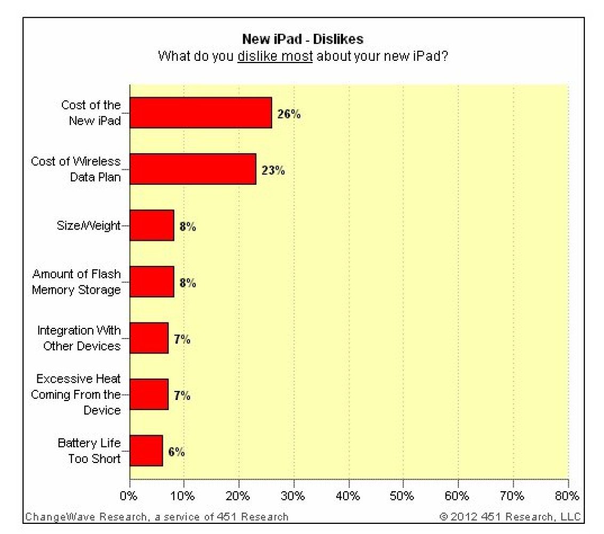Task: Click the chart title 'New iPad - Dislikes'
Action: coord(303,39)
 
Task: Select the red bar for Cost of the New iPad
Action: coord(201,113)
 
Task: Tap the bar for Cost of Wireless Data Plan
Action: coord(193,169)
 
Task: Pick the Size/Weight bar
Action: coord(152,225)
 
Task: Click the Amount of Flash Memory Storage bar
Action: coord(152,282)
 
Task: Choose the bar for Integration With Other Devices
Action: coord(149,338)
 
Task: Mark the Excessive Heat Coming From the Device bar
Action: coord(149,395)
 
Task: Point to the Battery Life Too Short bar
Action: coord(146,451)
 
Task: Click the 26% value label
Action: coord(289,114)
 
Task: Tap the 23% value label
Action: coord(273,170)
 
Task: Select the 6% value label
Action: coord(177,452)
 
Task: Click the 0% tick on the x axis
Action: coord(130,495)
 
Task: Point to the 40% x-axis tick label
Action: coord(349,495)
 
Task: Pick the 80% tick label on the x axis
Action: coord(568,495)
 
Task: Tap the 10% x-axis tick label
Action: coord(184,495)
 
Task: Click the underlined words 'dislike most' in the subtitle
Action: coord(275,56)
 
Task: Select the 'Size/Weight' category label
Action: coord(89,225)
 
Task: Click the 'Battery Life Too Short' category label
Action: coord(89,451)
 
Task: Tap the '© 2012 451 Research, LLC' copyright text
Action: coord(510,516)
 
